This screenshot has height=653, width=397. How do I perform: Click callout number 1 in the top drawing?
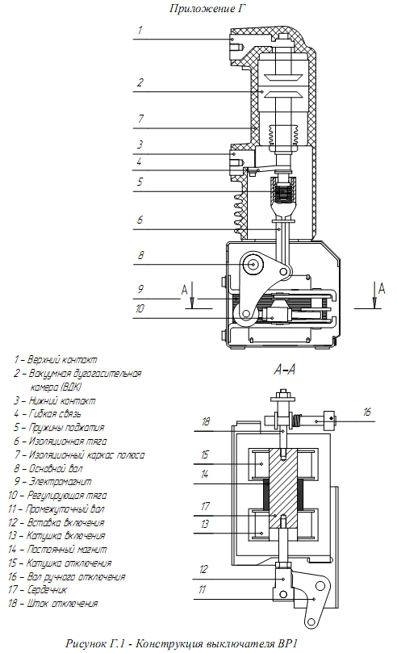click(x=140, y=30)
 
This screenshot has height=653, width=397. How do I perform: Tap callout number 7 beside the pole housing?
click(x=140, y=119)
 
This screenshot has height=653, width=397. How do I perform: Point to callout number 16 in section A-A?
click(x=366, y=412)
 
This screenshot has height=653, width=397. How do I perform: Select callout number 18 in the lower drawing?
click(x=206, y=422)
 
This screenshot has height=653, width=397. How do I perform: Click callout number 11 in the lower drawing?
click(x=203, y=589)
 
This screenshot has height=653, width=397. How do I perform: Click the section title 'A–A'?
click(x=285, y=370)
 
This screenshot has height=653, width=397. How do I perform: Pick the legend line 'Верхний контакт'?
click(x=56, y=360)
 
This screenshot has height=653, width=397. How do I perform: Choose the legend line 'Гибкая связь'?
click(x=48, y=414)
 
